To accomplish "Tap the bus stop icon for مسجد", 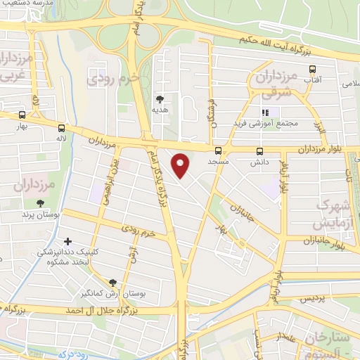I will [x=218, y=150].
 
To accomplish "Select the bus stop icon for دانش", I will [x=259, y=150].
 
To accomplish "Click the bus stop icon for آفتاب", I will [x=312, y=69].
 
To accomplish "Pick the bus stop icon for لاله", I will [x=63, y=128].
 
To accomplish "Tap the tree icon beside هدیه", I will [x=160, y=99].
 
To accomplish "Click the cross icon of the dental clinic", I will [x=67, y=242].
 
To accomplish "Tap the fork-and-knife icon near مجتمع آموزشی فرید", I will [x=265, y=112].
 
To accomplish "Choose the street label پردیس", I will [x=314, y=300].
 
